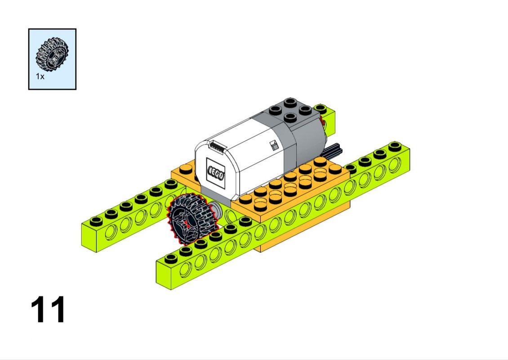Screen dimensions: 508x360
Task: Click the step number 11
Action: pyautogui.click(x=48, y=309)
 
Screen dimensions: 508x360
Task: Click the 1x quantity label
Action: pyautogui.click(x=40, y=76)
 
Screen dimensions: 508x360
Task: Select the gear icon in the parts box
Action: pyautogui.click(x=52, y=54)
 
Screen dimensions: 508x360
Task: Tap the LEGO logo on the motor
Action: pyautogui.click(x=215, y=174)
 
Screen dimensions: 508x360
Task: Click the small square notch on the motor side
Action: pyautogui.click(x=274, y=144)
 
